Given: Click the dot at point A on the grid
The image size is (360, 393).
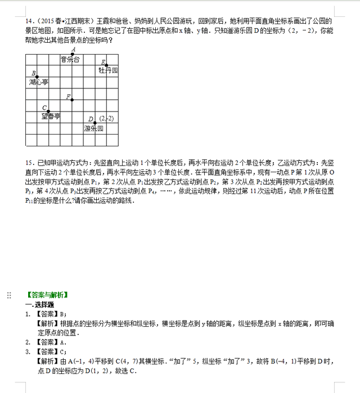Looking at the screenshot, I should click(x=73, y=54).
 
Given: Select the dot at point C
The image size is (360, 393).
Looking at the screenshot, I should click(x=48, y=111).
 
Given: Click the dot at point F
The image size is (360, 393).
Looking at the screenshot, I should click(x=73, y=100).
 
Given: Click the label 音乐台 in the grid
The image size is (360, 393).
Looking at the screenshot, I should click(x=70, y=59).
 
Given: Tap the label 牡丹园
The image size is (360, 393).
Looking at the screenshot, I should click(x=108, y=70).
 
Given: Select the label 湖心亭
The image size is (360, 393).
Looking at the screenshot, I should click(x=38, y=82).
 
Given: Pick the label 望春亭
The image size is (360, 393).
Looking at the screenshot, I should click(x=51, y=117).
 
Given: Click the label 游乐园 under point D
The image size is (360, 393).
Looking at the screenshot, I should click(x=94, y=128).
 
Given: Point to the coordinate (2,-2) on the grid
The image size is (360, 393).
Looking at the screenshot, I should click(x=106, y=118).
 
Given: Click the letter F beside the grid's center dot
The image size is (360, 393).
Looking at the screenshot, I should click(x=68, y=97).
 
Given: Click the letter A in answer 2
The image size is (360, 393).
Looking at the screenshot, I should click(x=62, y=342).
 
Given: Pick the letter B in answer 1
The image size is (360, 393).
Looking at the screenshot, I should click(x=62, y=314).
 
